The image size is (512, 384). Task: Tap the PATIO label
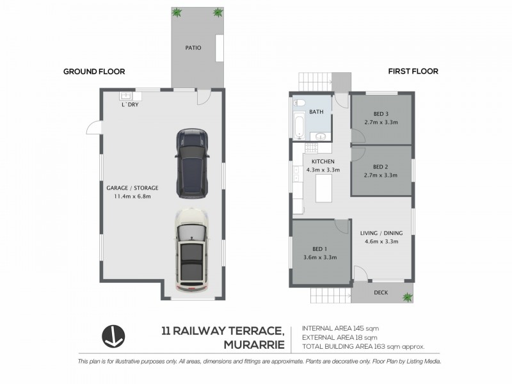click(194, 47)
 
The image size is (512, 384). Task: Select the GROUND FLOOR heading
click(93, 72)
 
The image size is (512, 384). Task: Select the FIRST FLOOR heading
click(413, 72)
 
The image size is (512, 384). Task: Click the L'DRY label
click(130, 104)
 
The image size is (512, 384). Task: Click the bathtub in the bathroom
click(299, 120)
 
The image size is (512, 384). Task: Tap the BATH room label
click(316, 112)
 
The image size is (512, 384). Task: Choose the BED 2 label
click(381, 166)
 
